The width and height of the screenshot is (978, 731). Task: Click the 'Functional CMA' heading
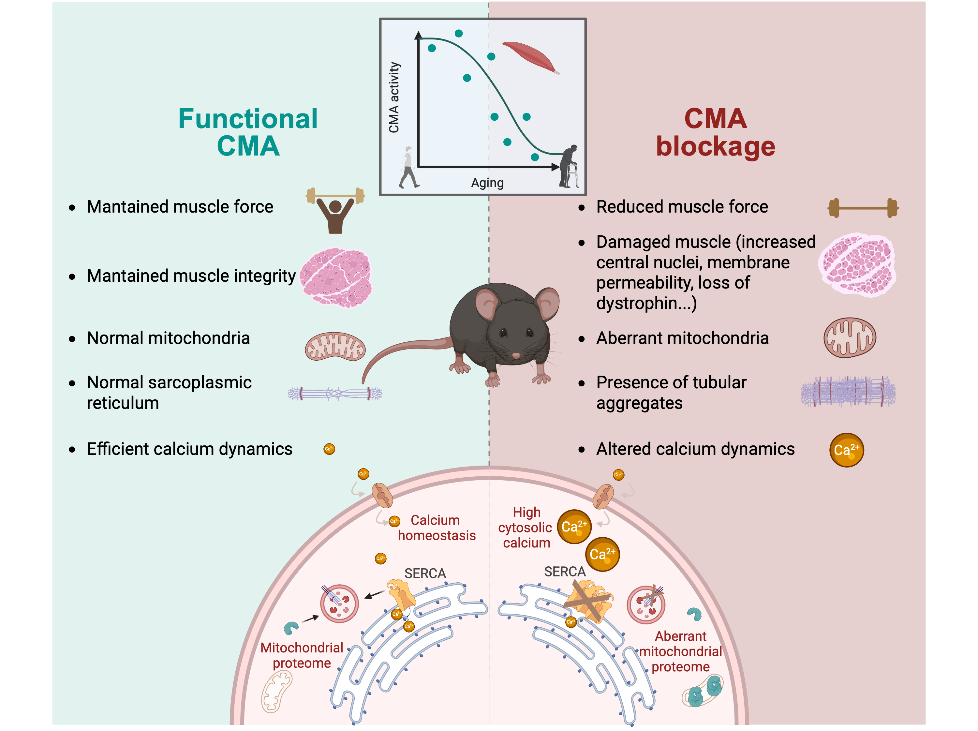[248, 132]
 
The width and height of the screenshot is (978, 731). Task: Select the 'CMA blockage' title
[715, 132]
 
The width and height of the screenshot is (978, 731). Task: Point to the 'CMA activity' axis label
[394, 97]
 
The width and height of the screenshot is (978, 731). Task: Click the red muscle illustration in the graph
[530, 56]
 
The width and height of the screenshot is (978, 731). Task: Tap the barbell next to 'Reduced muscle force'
[863, 207]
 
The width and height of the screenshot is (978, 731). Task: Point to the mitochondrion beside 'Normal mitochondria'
[335, 346]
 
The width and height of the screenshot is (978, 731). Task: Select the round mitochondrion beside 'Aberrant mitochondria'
[849, 337]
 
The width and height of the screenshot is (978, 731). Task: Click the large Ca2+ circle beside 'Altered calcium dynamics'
[846, 450]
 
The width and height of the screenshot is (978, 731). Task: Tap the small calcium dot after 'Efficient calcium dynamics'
[329, 449]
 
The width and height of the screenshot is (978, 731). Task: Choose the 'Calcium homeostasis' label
[437, 528]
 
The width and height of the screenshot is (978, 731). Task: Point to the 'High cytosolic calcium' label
[526, 528]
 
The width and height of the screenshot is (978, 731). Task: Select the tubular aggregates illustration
[848, 391]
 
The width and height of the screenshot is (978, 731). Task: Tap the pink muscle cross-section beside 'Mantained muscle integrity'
[336, 277]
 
